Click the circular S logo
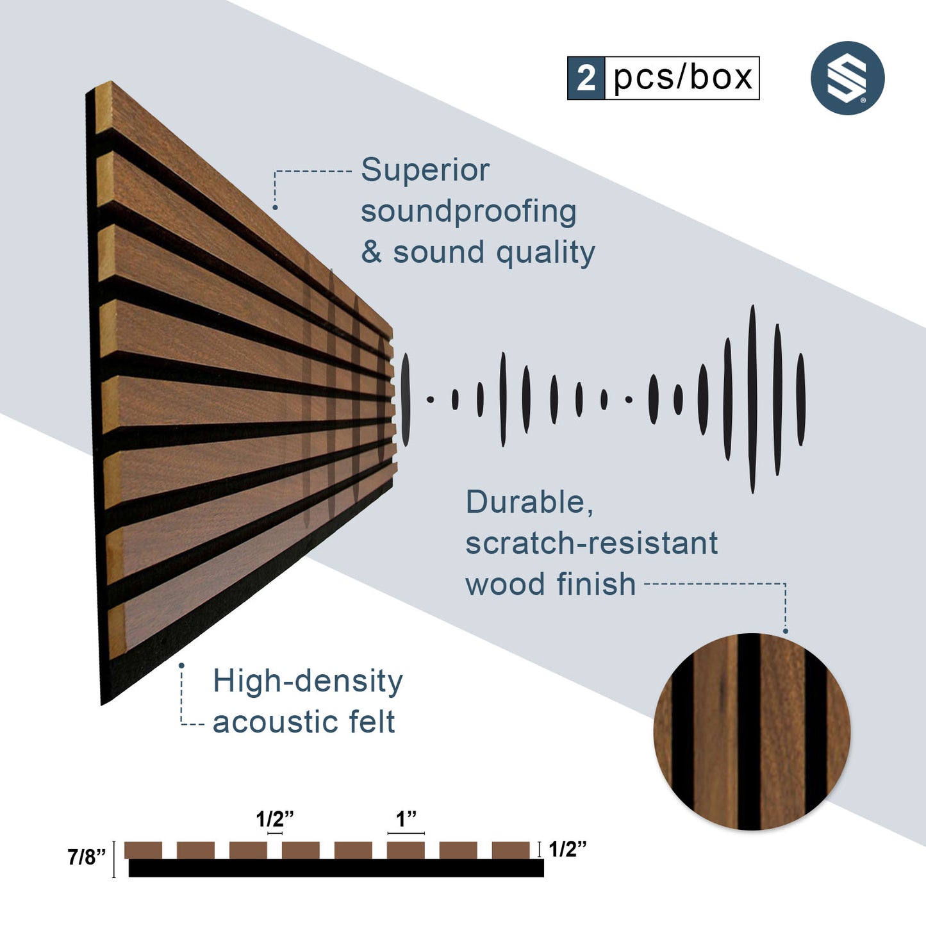[x=848, y=78]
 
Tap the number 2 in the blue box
[x=586, y=78]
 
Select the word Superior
[x=426, y=170]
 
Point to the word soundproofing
[x=468, y=212]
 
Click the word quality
[x=545, y=253]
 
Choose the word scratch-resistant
[x=591, y=543]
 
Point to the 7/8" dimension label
[x=87, y=857]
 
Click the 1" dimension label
[x=406, y=818]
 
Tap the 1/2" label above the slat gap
[x=274, y=818]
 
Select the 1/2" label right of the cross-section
[x=568, y=849]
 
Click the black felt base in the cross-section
[x=336, y=868]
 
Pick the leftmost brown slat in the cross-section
[x=143, y=850]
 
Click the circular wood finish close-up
[x=752, y=732]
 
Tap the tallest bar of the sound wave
[x=752, y=399]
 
